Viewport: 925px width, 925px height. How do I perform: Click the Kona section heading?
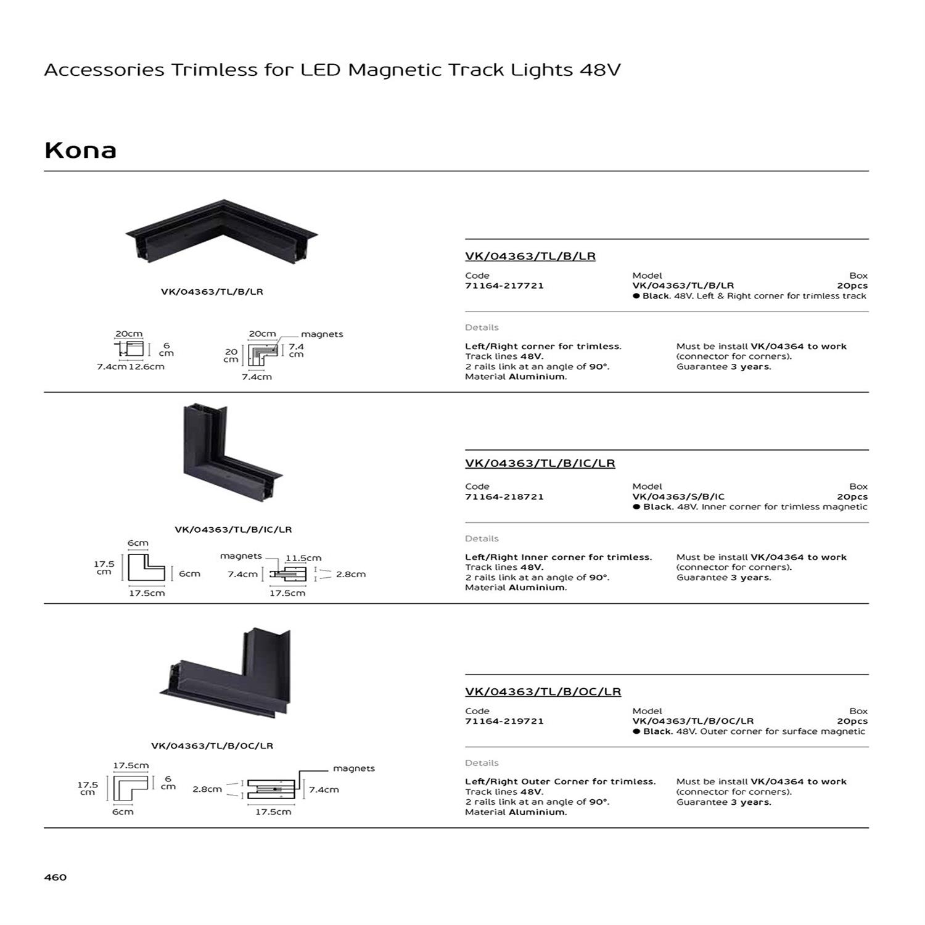pyautogui.click(x=80, y=150)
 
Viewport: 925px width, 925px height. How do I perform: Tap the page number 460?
pyautogui.click(x=55, y=877)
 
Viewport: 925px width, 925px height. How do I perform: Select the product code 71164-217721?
pyautogui.click(x=504, y=286)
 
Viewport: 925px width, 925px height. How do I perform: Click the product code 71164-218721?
pyautogui.click(x=504, y=496)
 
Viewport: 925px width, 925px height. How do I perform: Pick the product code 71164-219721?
pyautogui.click(x=504, y=721)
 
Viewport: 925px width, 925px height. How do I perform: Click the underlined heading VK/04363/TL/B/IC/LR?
pyautogui.click(x=540, y=463)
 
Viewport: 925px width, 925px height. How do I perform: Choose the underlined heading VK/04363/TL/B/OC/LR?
pyautogui.click(x=543, y=692)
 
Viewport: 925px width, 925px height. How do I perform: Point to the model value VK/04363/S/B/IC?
pyautogui.click(x=678, y=496)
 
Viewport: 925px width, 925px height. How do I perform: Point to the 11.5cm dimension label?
pyautogui.click(x=303, y=558)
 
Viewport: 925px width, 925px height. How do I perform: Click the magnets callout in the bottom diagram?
pyautogui.click(x=353, y=768)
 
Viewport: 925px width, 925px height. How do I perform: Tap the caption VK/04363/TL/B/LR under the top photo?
pyautogui.click(x=212, y=292)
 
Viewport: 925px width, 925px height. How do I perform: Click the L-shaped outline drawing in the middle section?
pyautogui.click(x=146, y=568)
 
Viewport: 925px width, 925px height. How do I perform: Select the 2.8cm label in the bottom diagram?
pyautogui.click(x=207, y=789)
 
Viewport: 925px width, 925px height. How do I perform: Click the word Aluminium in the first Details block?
pyautogui.click(x=536, y=377)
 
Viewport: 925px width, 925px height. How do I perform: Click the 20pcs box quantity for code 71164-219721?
pyautogui.click(x=852, y=721)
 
